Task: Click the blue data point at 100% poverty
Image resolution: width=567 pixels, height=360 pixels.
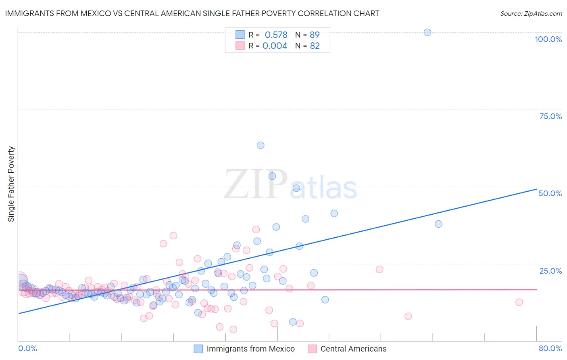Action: [x=427, y=32]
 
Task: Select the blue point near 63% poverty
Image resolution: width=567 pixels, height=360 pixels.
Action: [x=261, y=145]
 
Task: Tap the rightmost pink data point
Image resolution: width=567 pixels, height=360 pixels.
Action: [x=519, y=302]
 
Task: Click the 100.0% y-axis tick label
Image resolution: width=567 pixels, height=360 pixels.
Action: [x=548, y=39]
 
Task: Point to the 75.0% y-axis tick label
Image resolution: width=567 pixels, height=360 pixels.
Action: [x=550, y=116]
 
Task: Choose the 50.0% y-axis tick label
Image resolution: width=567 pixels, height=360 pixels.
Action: [x=550, y=193]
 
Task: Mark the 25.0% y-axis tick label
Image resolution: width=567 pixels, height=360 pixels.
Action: [x=550, y=271]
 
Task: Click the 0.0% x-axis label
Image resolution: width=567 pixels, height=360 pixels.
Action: [x=27, y=348]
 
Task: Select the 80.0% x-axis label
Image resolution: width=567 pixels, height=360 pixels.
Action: [x=550, y=348]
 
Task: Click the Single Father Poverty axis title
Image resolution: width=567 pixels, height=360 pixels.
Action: [x=11, y=184]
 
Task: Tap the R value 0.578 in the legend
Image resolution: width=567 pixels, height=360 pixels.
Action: [x=276, y=35]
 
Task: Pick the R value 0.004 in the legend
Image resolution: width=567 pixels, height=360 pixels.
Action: [x=275, y=46]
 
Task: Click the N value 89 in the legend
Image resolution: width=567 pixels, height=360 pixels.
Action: [x=315, y=35]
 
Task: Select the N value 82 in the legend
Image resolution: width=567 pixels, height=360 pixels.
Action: [x=315, y=46]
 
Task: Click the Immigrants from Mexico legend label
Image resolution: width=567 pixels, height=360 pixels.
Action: [x=250, y=349]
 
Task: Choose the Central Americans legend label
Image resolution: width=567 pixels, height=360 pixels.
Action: [x=353, y=349]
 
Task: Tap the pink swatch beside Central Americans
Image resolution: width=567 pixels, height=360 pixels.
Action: [x=312, y=349]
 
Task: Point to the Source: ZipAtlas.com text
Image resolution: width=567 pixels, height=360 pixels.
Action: [x=531, y=14]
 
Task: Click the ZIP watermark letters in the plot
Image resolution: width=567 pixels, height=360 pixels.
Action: [x=256, y=185]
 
